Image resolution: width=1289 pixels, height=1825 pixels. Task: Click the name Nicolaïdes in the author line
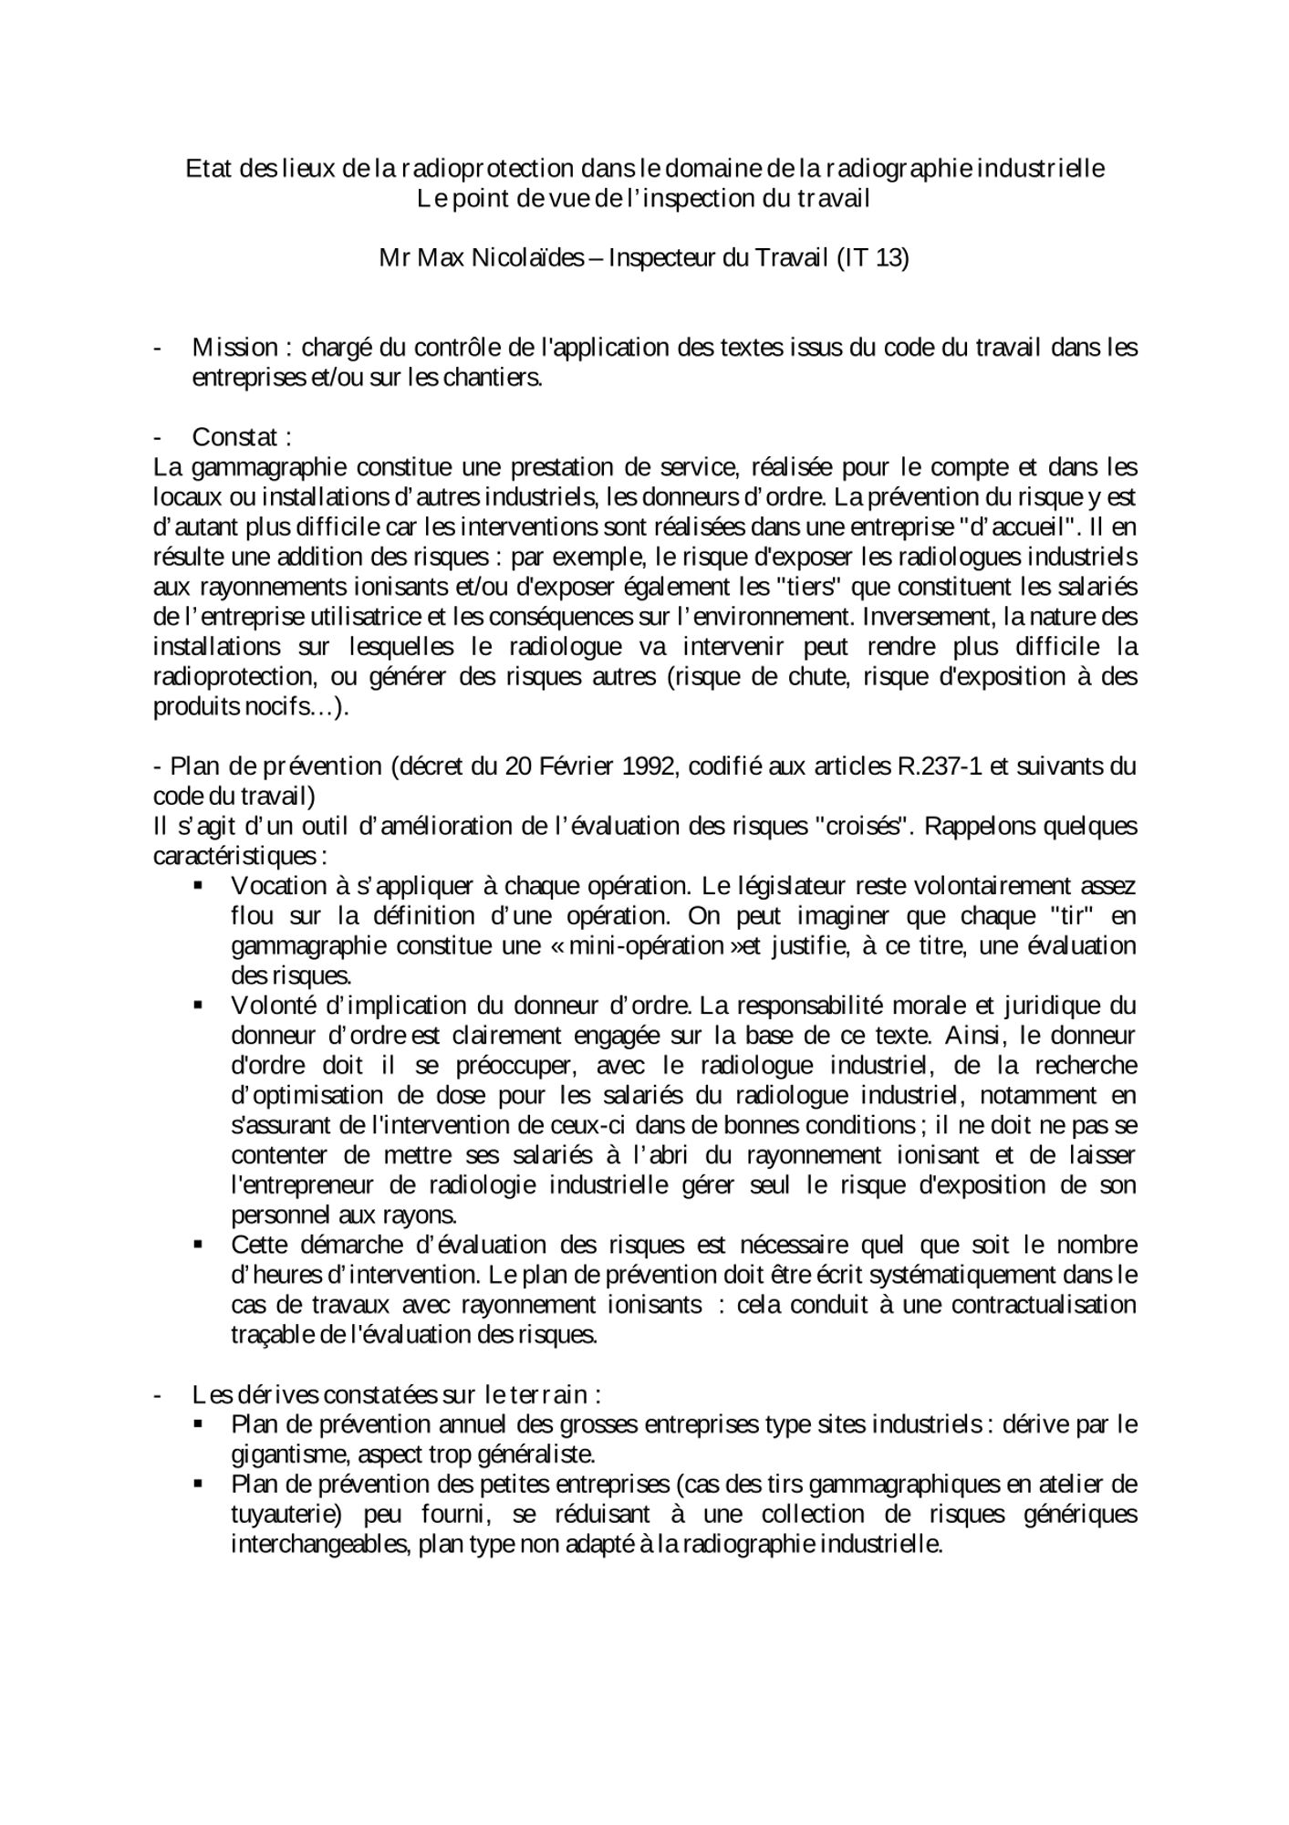coord(528,258)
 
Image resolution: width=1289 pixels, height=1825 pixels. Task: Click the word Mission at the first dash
coord(234,348)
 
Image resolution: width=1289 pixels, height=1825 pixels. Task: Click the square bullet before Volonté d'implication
coord(199,1006)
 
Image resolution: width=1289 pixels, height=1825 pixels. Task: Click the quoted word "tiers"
coord(807,588)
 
